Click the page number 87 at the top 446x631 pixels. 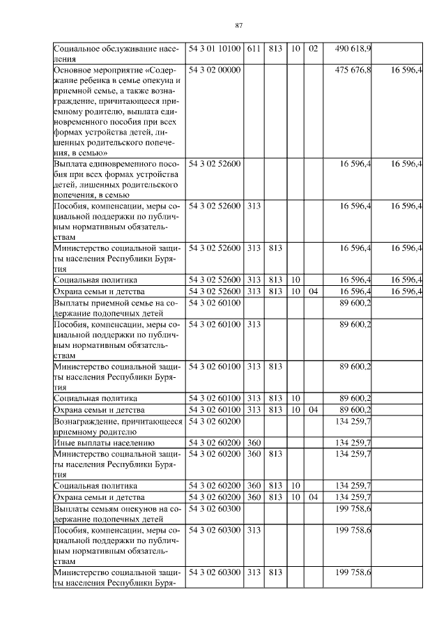pyautogui.click(x=238, y=26)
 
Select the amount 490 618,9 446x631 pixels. pyautogui.click(x=353, y=48)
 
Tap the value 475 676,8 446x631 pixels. pyautogui.click(x=353, y=70)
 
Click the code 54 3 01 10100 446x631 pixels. pyautogui.click(x=215, y=48)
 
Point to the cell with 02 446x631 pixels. pyautogui.click(x=313, y=48)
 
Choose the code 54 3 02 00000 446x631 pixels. pyautogui.click(x=215, y=70)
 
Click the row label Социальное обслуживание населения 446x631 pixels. pyautogui.click(x=117, y=54)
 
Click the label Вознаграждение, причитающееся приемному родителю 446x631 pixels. pyautogui.click(x=117, y=426)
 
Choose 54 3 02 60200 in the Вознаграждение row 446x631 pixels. pyautogui.click(x=215, y=421)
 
